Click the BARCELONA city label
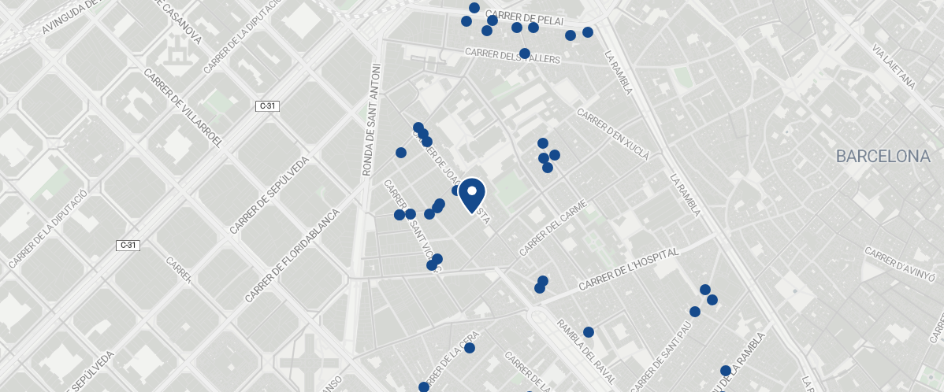point(883,157)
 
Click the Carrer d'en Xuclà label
point(613,133)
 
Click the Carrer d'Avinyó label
point(900,264)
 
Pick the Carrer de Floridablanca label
point(292,256)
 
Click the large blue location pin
point(471,194)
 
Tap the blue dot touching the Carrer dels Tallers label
point(525,53)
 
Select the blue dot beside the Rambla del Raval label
point(588,332)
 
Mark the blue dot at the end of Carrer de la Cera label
point(470,348)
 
